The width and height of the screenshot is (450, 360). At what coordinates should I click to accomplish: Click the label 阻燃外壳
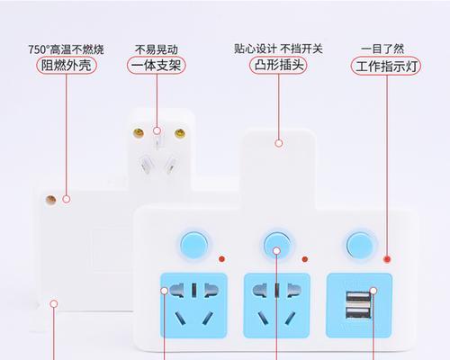coord(67,66)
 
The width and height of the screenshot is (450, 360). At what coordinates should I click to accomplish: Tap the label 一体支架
coord(157,66)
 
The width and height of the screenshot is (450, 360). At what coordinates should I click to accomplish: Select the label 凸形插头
coord(278,65)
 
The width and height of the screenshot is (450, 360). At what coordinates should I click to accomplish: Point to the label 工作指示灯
coord(386,66)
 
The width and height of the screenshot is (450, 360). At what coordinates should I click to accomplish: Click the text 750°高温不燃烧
coord(66,49)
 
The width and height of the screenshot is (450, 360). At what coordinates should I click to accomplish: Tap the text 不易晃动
coord(157,49)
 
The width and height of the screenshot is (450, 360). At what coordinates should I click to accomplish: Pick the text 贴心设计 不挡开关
coord(278,49)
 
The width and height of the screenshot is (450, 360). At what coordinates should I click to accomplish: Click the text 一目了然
coord(382,49)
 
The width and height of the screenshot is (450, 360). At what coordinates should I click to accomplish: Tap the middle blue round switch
coord(277,245)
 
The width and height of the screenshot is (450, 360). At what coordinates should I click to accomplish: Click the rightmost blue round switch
coord(360,246)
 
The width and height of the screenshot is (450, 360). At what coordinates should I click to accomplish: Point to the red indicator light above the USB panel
coord(387,259)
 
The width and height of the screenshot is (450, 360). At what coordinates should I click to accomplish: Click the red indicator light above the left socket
coord(221,259)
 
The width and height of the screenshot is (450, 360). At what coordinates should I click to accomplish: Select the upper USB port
coord(359,298)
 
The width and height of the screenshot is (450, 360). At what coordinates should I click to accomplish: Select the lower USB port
coord(358,312)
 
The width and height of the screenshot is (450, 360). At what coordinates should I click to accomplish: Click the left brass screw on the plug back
coord(139,133)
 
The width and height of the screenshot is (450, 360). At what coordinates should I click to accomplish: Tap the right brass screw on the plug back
coord(180,133)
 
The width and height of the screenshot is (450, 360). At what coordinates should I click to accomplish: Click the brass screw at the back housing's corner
coord(50,200)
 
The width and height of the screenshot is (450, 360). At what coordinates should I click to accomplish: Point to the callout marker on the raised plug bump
coord(279,143)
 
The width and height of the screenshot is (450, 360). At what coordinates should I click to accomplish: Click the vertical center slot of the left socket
coord(194,290)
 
